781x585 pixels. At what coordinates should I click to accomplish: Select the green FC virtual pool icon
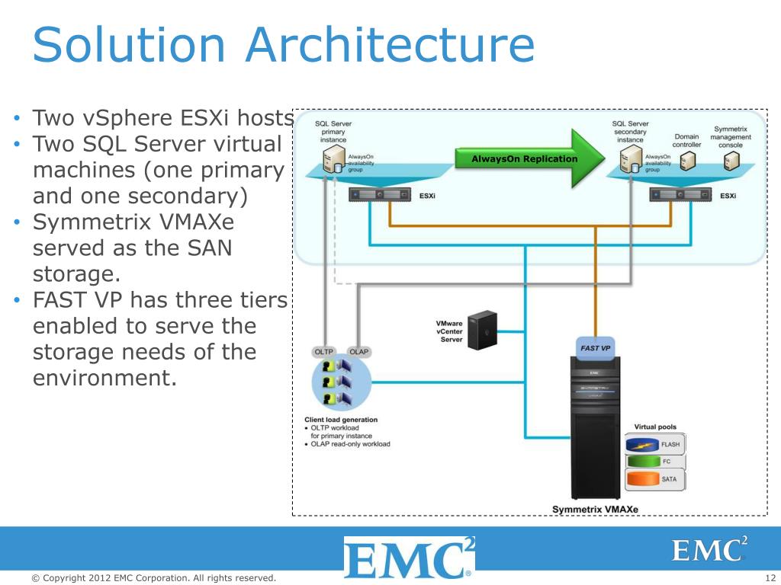pyautogui.click(x=643, y=462)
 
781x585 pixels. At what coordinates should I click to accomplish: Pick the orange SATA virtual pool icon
pyautogui.click(x=643, y=480)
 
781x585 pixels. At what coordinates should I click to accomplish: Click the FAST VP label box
pyautogui.click(x=595, y=348)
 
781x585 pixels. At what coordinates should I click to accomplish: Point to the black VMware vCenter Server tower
pyautogui.click(x=483, y=329)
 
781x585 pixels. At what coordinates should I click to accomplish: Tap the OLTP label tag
pyautogui.click(x=325, y=352)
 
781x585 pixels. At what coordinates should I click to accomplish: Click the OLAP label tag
pyautogui.click(x=358, y=352)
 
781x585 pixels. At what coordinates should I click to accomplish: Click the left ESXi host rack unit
pyautogui.click(x=380, y=195)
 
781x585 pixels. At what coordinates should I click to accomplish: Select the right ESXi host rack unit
pyautogui.click(x=680, y=195)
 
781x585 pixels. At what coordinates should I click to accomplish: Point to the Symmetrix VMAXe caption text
pyautogui.click(x=595, y=509)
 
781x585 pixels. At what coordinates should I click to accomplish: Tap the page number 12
pyautogui.click(x=770, y=578)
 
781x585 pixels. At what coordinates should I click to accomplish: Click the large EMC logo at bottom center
pyautogui.click(x=409, y=558)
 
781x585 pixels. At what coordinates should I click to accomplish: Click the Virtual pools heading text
pyautogui.click(x=655, y=427)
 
